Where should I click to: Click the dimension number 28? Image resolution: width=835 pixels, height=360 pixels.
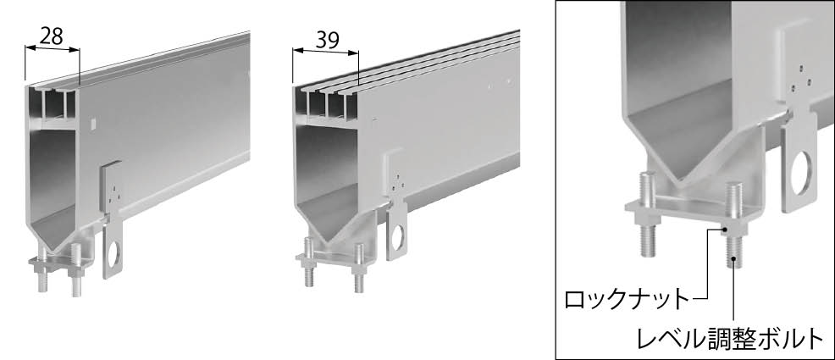[52, 36]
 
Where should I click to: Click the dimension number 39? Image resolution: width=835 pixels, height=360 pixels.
[328, 41]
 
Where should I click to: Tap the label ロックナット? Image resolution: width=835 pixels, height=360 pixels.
[627, 300]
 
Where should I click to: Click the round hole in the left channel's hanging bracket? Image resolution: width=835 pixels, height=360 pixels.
[113, 255]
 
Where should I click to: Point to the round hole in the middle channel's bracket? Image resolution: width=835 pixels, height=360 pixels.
[397, 237]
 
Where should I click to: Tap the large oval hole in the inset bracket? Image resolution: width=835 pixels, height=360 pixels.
[801, 173]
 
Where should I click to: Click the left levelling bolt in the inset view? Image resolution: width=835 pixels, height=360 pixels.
[648, 213]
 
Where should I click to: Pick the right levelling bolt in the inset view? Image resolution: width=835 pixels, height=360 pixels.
[734, 224]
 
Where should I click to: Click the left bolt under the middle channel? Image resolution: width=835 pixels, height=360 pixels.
[308, 262]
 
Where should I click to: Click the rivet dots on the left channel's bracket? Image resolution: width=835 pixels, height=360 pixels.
[113, 193]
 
